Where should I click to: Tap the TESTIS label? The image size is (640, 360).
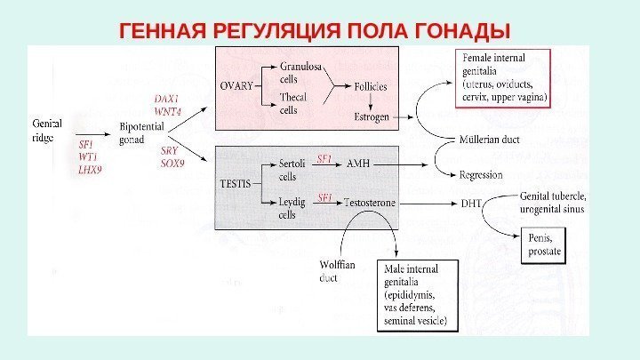(236, 182)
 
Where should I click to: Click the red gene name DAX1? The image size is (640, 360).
(166, 99)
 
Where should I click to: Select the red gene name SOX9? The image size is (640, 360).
(172, 163)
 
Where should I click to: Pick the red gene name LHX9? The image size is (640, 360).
(90, 166)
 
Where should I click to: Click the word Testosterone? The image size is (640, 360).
(369, 202)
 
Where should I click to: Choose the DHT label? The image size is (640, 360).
(471, 203)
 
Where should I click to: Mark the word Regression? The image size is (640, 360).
(481, 175)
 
